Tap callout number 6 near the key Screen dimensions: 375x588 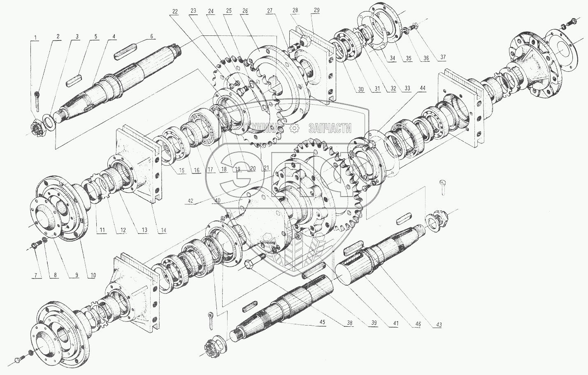(x=151, y=36)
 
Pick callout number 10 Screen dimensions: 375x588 (x=93, y=275)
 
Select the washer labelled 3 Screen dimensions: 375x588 (x=48, y=122)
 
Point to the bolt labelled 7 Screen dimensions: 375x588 (x=36, y=246)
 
